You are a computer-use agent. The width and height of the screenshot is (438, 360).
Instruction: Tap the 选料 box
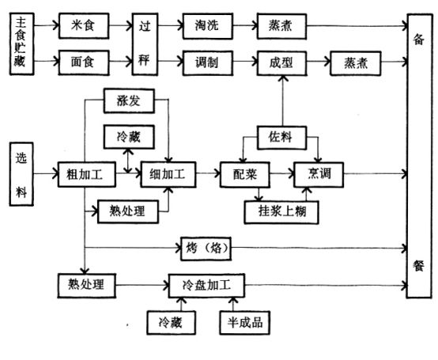coord(21,171)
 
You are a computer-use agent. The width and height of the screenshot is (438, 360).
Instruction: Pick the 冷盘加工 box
coord(208,283)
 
